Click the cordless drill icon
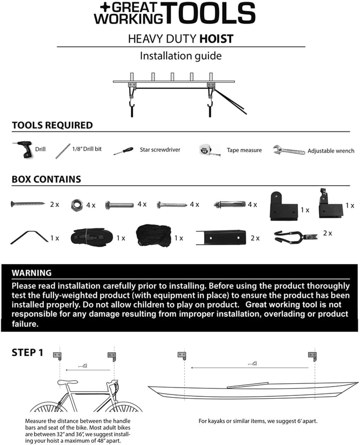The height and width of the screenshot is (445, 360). click(23, 149)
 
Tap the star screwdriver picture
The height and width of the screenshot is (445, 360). click(123, 151)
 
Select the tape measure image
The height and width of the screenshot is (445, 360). click(209, 150)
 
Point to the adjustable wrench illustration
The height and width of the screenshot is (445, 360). click(289, 150)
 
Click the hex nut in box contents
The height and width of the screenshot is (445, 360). click(77, 205)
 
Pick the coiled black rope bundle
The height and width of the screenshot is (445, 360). click(153, 235)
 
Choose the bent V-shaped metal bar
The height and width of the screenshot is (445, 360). click(29, 237)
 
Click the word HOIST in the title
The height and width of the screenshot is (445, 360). click(217, 39)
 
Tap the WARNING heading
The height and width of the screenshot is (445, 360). click(31, 273)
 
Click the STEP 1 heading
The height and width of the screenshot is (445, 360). click(28, 353)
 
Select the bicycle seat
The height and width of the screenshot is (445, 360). click(67, 382)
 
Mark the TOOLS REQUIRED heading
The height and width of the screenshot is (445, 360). click(52, 125)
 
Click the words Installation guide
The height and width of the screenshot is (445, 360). click(181, 56)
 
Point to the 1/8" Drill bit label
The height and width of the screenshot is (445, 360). click(87, 149)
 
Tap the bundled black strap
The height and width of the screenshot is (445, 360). click(92, 236)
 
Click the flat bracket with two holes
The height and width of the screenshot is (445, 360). click(221, 238)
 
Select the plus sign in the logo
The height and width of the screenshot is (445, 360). click(105, 7)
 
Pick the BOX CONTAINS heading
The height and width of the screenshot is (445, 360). click(47, 179)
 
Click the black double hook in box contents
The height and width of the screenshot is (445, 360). click(296, 237)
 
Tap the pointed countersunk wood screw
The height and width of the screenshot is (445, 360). click(28, 204)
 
